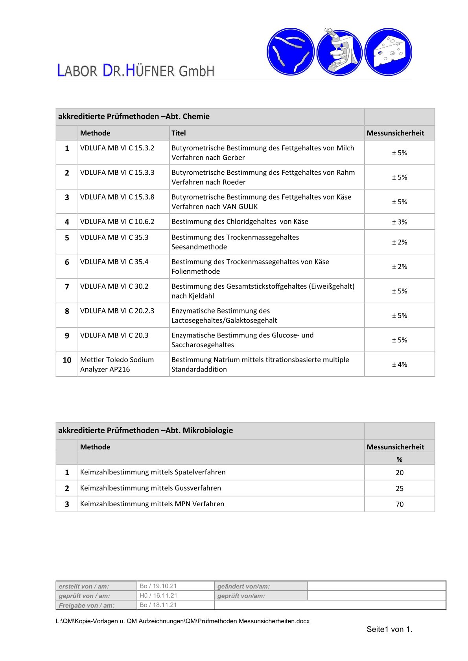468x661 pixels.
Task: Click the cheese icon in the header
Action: [388, 52]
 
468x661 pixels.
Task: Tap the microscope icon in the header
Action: [339, 52]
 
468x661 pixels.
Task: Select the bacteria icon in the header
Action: [290, 52]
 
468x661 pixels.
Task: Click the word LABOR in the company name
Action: [77, 71]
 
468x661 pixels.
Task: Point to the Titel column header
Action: [179, 133]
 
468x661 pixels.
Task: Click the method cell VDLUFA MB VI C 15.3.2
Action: [117, 148]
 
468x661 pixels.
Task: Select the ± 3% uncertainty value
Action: [399, 222]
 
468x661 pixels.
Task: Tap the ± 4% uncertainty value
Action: [399, 364]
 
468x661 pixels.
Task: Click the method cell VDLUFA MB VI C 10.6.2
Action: [117, 222]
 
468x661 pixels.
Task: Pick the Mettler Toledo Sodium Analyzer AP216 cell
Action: [117, 364]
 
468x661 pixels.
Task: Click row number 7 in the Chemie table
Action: [67, 287]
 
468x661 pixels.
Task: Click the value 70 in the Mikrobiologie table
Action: [400, 504]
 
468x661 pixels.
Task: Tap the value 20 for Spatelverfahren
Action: [400, 472]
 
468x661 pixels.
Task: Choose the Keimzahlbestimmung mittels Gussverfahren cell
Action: [151, 488]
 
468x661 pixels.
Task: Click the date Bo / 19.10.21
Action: [158, 586]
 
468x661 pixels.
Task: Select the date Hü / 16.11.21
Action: [158, 595]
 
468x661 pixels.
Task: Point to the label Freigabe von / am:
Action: [87, 605]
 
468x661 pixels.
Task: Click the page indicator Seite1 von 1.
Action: [389, 629]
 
